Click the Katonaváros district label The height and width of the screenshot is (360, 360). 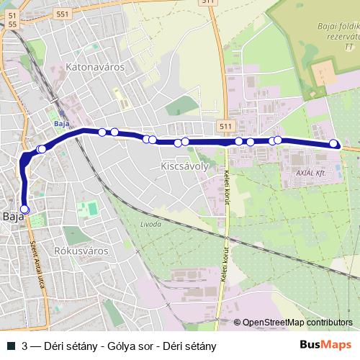[x=95, y=67]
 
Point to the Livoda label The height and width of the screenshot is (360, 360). [x=150, y=225]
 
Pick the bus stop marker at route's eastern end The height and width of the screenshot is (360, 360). [x=334, y=143]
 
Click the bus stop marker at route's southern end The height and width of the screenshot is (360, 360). [x=25, y=209]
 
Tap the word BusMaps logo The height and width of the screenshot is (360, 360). [x=325, y=345]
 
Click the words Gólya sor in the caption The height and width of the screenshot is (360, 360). [x=127, y=346]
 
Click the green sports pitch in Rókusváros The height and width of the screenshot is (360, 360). [x=91, y=210]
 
